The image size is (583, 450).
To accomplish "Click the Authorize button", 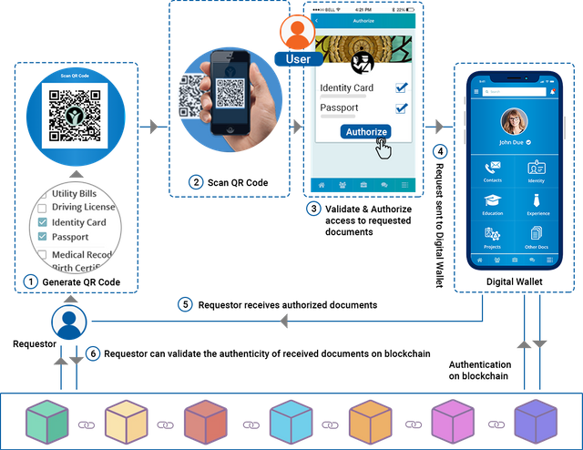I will [x=367, y=132].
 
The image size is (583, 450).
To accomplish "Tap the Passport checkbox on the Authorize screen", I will [x=400, y=107].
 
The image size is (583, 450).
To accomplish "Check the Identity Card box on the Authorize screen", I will [x=400, y=87].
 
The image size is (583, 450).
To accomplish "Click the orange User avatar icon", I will [x=297, y=34].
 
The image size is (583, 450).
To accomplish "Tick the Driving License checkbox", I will [x=42, y=209].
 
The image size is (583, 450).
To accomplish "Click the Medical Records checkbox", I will [x=42, y=254].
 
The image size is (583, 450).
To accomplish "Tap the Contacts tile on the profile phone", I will [x=493, y=171].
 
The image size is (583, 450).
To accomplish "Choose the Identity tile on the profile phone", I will [x=536, y=171].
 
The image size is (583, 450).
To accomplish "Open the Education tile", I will [x=493, y=205].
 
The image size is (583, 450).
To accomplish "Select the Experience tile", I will [x=536, y=205].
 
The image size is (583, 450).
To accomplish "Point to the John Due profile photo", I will [x=514, y=121].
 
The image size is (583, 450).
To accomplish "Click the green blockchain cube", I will [x=46, y=422].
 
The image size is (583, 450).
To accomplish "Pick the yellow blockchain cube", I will [x=126, y=422].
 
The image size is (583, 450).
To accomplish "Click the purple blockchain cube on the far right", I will [x=536, y=422].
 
